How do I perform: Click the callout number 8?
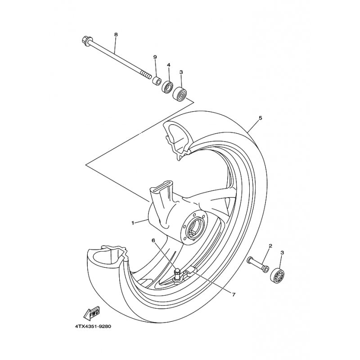pyautogui.click(x=116, y=35)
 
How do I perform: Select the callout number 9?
pyautogui.click(x=155, y=57)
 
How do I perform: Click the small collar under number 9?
pyautogui.click(x=156, y=81)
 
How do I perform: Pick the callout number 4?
pyautogui.click(x=169, y=65)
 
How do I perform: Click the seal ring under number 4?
pyautogui.click(x=168, y=86)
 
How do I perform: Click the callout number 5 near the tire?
pyautogui.click(x=260, y=118)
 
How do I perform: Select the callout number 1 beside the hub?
pyautogui.click(x=133, y=223)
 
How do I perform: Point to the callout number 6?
pyautogui.click(x=153, y=241)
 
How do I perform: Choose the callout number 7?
pyautogui.click(x=234, y=294)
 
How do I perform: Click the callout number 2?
pyautogui.click(x=270, y=246)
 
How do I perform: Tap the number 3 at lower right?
pyautogui.click(x=282, y=253)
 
